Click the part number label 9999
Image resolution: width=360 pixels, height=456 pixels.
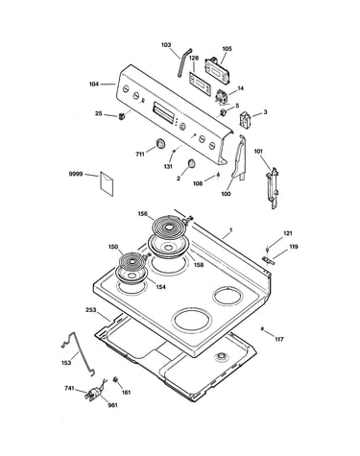(76, 174)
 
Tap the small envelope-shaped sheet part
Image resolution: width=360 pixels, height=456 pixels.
(107, 183)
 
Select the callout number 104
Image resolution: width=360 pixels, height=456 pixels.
(94, 84)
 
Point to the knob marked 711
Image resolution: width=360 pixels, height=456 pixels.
(160, 144)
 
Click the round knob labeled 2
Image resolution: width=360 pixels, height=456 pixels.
(191, 163)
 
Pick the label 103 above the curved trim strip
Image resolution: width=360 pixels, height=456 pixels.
(166, 45)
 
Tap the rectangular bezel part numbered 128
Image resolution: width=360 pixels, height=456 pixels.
(200, 84)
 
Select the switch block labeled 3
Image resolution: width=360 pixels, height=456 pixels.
(246, 120)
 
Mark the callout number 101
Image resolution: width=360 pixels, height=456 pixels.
(258, 151)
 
